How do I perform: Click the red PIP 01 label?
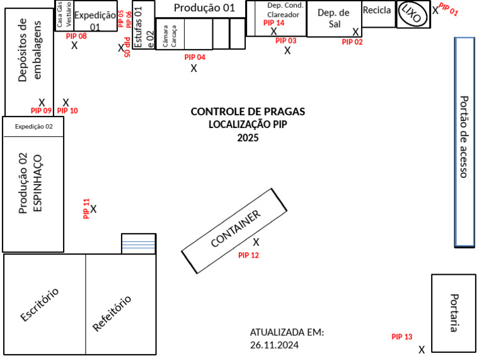tap(449, 9)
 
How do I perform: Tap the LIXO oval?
tap(413, 14)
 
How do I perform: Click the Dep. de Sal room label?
tap(333, 18)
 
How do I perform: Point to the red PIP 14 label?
tap(274, 23)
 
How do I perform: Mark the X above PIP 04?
tap(194, 68)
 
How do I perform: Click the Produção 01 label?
tap(204, 8)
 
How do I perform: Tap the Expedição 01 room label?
tap(95, 21)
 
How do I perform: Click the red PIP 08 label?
tap(76, 36)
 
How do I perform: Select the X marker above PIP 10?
tap(66, 102)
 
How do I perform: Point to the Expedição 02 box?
tap(34, 126)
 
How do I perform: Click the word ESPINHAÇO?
tap(37, 182)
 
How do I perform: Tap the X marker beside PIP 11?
tap(93, 209)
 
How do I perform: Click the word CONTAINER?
tap(235, 228)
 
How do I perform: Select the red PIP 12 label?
tap(248, 255)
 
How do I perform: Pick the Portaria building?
tap(453, 313)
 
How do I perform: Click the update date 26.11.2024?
tap(274, 345)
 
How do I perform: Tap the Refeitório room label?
tap(112, 313)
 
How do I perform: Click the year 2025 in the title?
tap(248, 138)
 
